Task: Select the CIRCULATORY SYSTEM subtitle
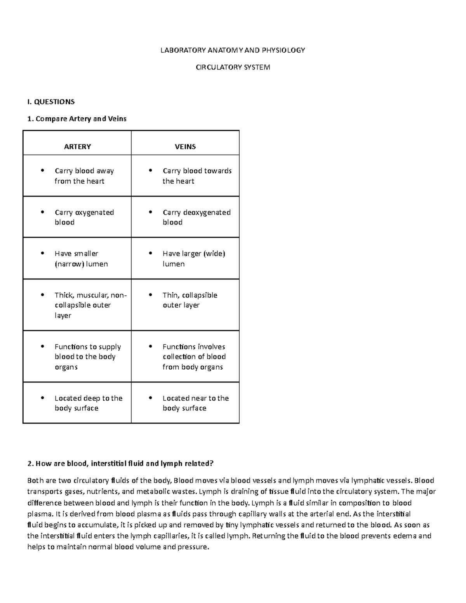233,67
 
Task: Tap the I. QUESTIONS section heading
51,102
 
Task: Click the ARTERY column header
77,147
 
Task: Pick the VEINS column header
185,147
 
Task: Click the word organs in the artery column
66,367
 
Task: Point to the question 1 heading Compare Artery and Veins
77,119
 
